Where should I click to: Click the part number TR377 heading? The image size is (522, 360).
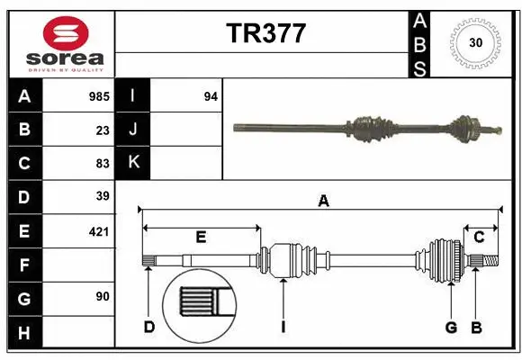(x=265, y=34)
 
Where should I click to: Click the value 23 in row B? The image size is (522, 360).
(x=103, y=129)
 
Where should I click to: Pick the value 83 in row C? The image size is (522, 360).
(x=103, y=163)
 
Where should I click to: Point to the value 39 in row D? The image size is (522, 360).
(x=103, y=196)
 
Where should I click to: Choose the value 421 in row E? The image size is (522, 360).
(x=99, y=231)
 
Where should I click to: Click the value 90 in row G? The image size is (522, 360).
(x=103, y=297)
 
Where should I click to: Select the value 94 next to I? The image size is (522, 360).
(x=211, y=95)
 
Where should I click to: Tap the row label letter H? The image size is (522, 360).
(x=24, y=333)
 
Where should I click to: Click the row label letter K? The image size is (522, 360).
(x=133, y=163)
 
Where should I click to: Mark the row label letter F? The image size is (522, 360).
(x=24, y=265)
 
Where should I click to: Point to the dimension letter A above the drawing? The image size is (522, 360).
(x=323, y=202)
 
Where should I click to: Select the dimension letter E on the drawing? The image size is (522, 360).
(x=201, y=237)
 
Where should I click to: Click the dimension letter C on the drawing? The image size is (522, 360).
(x=480, y=237)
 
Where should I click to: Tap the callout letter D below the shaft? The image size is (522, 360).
(x=149, y=327)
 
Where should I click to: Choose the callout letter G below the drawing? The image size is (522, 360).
(x=451, y=327)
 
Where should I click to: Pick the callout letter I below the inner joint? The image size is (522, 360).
(x=282, y=327)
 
